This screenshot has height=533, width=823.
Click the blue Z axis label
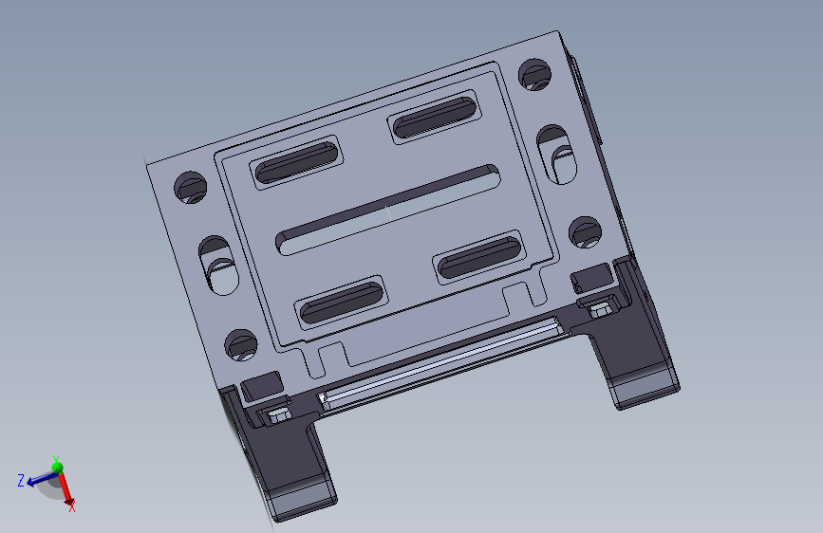(21, 481)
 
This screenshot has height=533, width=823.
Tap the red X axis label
(71, 507)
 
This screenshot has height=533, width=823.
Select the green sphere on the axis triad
(57, 468)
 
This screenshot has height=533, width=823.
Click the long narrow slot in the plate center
(388, 210)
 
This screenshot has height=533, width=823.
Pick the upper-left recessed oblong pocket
(295, 162)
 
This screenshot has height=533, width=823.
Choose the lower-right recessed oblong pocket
(480, 256)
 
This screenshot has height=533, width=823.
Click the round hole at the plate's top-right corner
(535, 75)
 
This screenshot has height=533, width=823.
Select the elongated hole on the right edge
(557, 154)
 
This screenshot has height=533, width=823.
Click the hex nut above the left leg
(277, 414)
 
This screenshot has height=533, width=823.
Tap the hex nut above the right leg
(599, 307)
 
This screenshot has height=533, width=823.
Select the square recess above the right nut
(590, 277)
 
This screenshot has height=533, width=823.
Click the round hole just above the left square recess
(239, 344)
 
